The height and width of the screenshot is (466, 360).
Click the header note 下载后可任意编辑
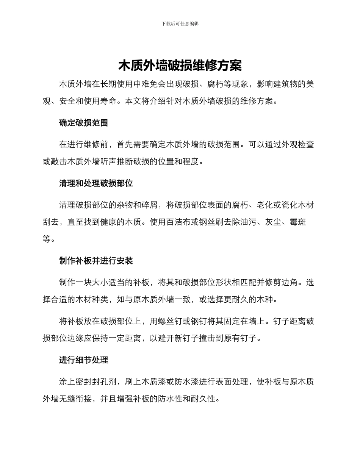[180, 23]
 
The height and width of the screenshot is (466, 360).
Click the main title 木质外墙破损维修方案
[180, 66]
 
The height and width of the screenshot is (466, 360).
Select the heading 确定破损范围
[83, 123]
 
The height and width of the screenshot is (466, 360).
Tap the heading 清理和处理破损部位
[96, 183]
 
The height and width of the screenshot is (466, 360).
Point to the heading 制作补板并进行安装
[96, 261]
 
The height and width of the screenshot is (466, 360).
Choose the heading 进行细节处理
[83, 360]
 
